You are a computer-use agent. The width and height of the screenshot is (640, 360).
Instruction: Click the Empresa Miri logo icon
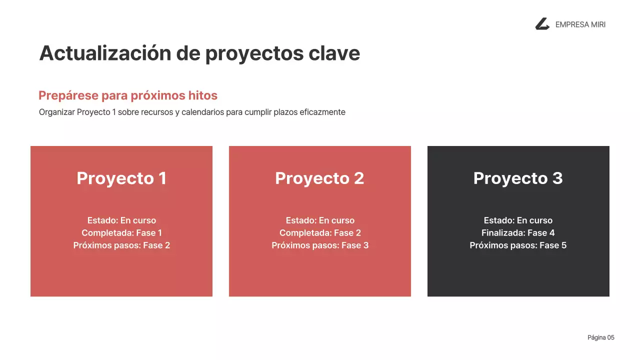[x=542, y=24]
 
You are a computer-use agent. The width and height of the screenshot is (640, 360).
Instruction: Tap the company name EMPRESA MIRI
[x=580, y=24]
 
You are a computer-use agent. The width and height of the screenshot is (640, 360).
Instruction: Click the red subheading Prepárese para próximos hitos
[x=128, y=95]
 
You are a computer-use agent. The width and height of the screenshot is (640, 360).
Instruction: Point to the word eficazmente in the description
[x=322, y=112]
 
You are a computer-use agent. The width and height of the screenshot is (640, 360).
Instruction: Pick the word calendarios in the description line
[x=202, y=112]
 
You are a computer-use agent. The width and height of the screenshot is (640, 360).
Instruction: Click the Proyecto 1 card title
[x=121, y=178]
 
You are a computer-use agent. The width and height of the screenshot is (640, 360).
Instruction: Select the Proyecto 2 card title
[x=319, y=178]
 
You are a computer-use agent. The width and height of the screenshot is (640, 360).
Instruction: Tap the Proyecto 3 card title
[x=518, y=178]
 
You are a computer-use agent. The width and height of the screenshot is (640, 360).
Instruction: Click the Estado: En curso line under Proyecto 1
[x=121, y=220]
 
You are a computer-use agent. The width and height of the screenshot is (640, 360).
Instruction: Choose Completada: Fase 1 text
[x=121, y=233]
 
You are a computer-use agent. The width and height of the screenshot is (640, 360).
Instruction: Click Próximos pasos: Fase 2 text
[x=121, y=245]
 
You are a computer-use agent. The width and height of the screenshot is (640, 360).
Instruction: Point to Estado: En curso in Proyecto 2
[x=320, y=220]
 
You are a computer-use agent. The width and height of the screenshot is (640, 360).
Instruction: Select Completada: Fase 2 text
[x=320, y=233]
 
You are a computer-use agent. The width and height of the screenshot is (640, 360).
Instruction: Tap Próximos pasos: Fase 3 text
[x=320, y=245]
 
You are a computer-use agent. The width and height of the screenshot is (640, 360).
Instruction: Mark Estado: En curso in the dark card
[x=518, y=220]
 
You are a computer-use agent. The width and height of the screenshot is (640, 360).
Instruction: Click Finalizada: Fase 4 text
[x=518, y=233]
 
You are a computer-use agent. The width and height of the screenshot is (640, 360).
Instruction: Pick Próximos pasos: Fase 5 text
[x=518, y=245]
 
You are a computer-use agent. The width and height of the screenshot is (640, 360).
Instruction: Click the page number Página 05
[x=600, y=337]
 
